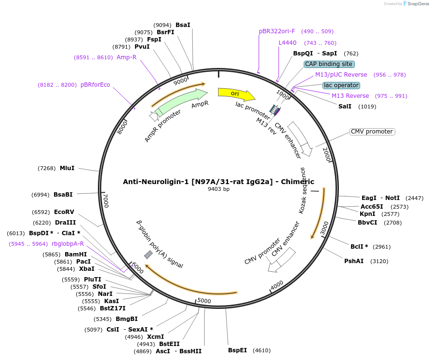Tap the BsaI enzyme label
click(x=183, y=25)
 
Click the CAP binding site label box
click(x=329, y=64)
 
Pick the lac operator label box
click(x=341, y=85)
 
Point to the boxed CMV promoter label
click(x=372, y=132)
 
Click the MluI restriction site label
click(x=67, y=168)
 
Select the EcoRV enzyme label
click(x=64, y=212)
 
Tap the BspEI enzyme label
click(x=237, y=350)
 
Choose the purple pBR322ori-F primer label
click(x=277, y=31)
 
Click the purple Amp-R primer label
click(x=126, y=57)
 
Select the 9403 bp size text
click(x=218, y=189)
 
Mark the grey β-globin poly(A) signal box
click(x=148, y=254)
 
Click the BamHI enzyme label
click(x=76, y=254)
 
